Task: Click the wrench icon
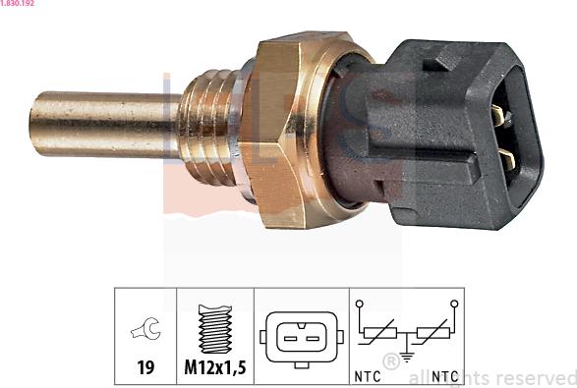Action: point(145,332)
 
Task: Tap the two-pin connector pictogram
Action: point(301,337)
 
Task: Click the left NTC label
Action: point(369,374)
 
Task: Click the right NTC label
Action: point(445,374)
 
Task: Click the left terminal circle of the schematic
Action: point(361,305)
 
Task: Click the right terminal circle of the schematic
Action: point(454,305)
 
